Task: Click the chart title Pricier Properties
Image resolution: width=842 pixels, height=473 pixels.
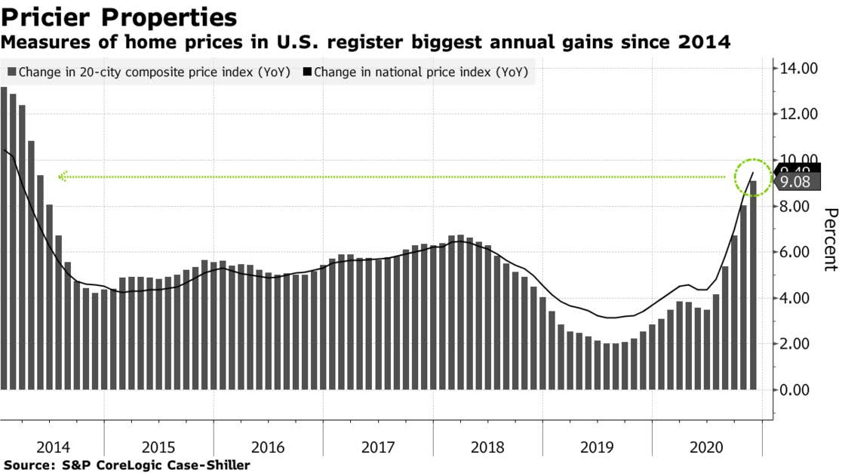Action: (x=119, y=17)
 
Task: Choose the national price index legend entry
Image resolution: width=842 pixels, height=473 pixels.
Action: (x=420, y=73)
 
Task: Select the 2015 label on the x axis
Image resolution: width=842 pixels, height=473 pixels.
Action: (x=158, y=447)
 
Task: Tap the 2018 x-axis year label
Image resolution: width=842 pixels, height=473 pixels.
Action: (x=487, y=447)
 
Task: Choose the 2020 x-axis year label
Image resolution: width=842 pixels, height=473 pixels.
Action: (x=706, y=447)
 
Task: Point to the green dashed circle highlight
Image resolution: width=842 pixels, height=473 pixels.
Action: (x=753, y=178)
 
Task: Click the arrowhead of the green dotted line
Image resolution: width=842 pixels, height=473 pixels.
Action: (x=63, y=177)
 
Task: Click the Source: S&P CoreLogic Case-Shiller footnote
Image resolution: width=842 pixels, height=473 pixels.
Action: (x=127, y=465)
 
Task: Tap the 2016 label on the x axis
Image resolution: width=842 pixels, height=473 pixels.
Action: (x=268, y=447)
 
